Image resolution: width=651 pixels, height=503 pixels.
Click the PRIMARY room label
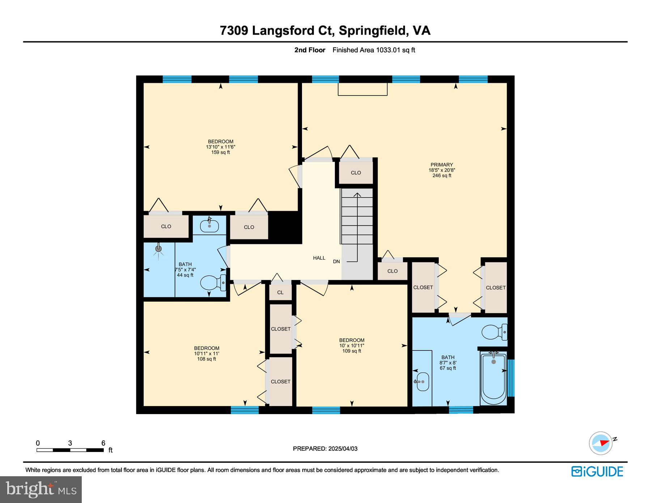tap(441, 165)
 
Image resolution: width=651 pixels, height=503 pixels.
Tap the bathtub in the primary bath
tap(493, 378)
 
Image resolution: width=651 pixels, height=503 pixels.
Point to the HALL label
tap(319, 258)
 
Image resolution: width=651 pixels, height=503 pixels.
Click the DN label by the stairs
tap(336, 261)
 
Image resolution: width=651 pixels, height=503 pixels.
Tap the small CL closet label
tap(280, 293)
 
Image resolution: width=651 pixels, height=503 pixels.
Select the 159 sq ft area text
tap(221, 153)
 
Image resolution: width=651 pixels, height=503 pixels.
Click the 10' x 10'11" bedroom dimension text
tap(352, 345)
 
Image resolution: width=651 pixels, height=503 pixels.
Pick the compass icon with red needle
tap(601, 443)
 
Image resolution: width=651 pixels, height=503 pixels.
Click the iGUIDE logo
tap(597, 472)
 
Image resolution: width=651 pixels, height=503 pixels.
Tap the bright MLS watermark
tap(41, 489)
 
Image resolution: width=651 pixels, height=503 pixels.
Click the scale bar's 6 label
tap(103, 443)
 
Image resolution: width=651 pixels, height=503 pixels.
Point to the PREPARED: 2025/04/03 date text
tap(325, 449)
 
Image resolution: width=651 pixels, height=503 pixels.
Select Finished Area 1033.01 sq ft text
tap(374, 50)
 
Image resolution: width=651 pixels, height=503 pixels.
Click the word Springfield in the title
tap(372, 30)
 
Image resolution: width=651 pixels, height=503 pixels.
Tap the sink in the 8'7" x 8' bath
tap(422, 382)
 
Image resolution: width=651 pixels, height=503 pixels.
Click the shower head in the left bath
tap(158, 249)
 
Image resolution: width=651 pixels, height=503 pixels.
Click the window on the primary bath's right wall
tap(511, 378)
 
